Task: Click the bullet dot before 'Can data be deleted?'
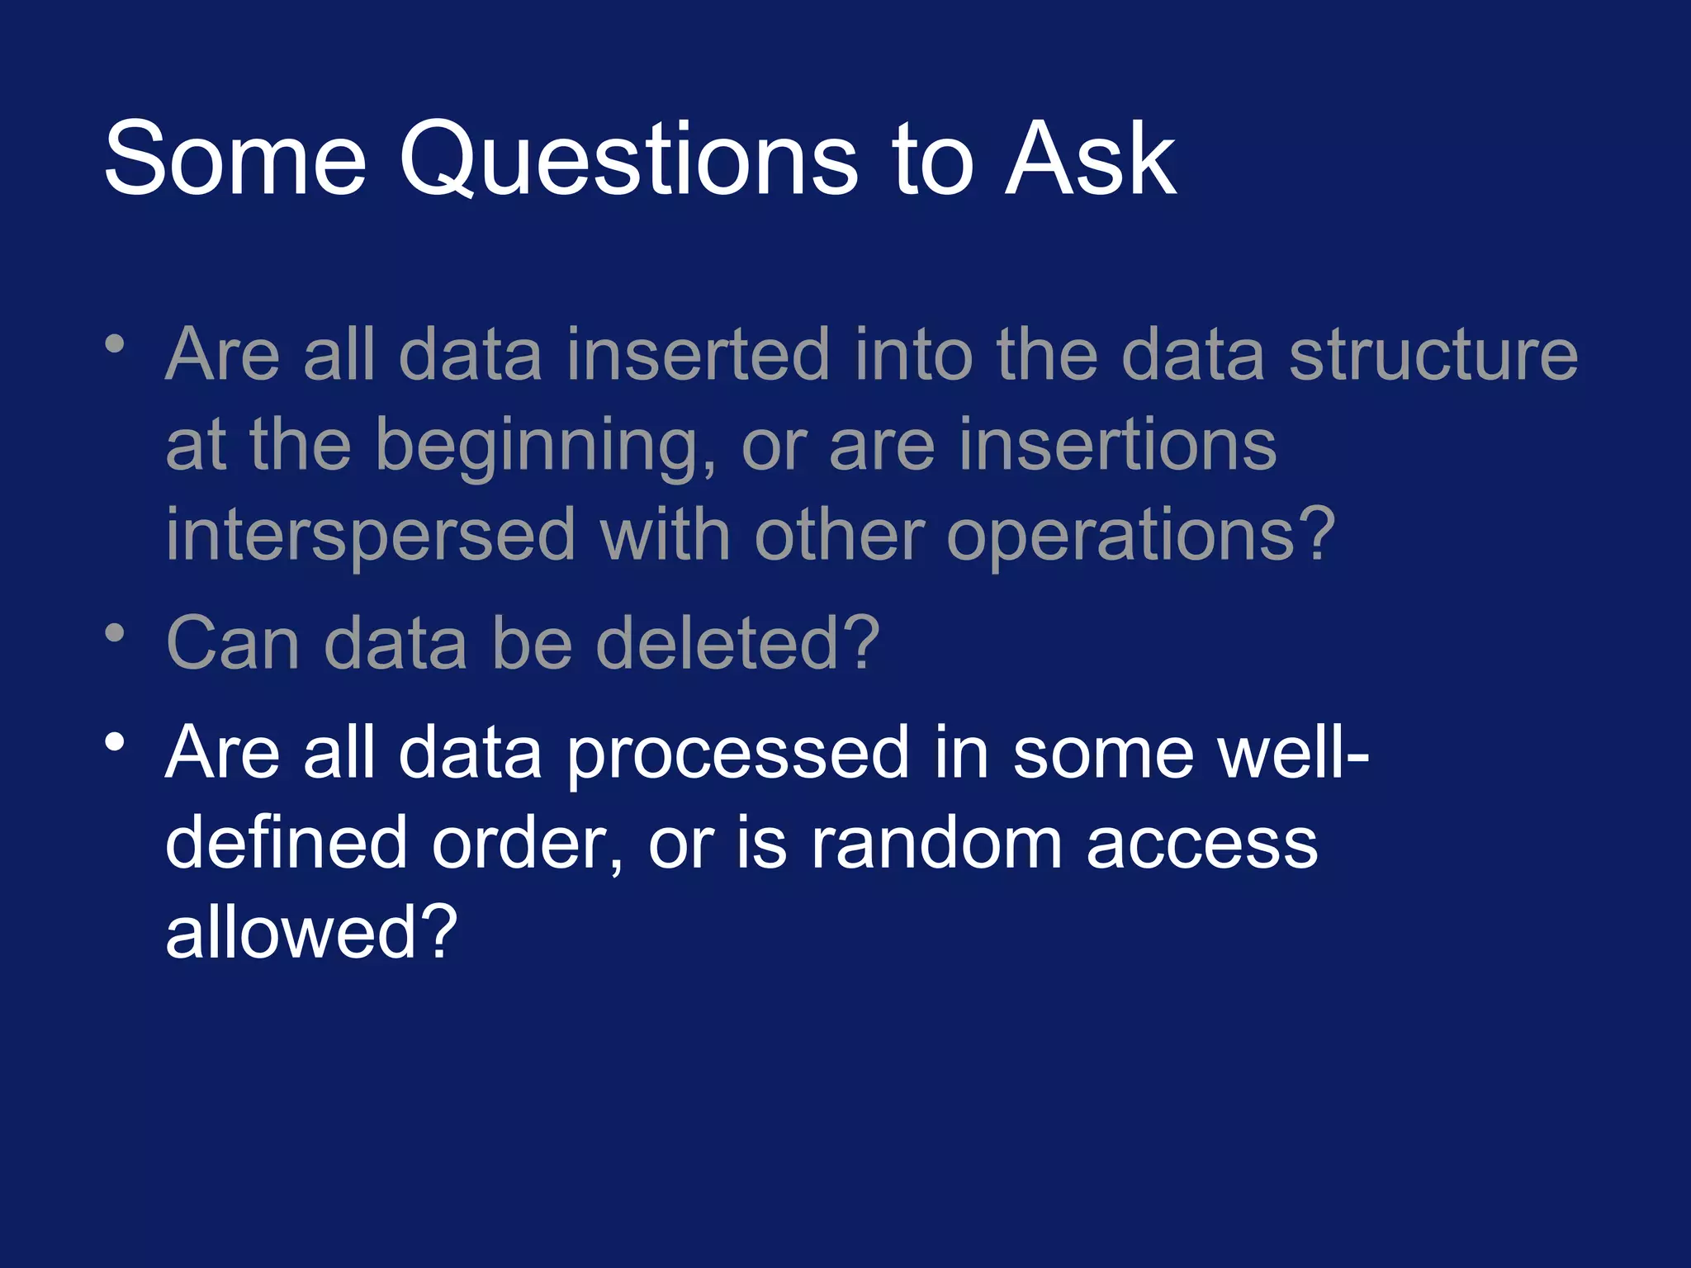(x=115, y=634)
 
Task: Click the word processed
(x=737, y=753)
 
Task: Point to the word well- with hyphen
(x=1272, y=753)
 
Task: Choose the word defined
(x=286, y=844)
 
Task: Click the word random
(x=935, y=844)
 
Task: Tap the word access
(x=1201, y=844)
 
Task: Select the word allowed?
(x=310, y=933)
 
